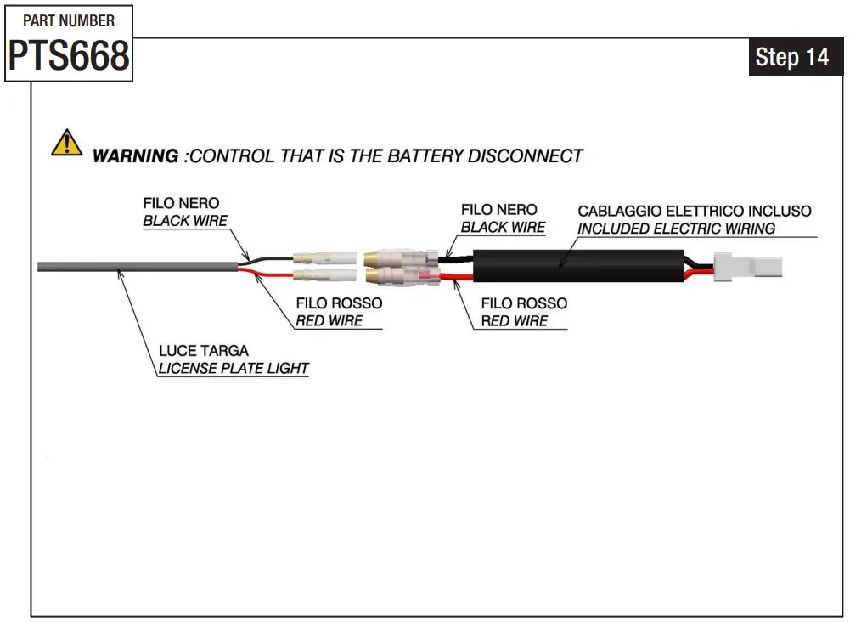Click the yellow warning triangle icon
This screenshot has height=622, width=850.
(x=67, y=143)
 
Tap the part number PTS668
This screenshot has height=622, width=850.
(x=69, y=55)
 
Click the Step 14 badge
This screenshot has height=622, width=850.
(x=792, y=57)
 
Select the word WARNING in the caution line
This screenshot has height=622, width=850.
(x=135, y=156)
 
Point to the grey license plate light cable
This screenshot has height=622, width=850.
(x=138, y=267)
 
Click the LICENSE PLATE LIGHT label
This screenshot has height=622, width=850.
(x=234, y=368)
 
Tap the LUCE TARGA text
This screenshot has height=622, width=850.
(x=204, y=351)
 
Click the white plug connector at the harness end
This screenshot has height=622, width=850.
(x=748, y=267)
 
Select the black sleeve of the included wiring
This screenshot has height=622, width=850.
(x=578, y=266)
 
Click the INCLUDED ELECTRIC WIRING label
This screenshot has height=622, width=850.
(x=677, y=229)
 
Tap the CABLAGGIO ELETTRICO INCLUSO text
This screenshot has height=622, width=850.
(x=695, y=211)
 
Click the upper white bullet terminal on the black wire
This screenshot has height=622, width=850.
(x=324, y=258)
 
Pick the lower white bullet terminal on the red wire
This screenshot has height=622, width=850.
(x=324, y=275)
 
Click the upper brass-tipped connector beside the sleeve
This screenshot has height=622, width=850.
(x=401, y=258)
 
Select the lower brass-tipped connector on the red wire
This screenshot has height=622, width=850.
(x=401, y=276)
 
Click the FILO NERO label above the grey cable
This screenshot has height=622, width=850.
(x=181, y=203)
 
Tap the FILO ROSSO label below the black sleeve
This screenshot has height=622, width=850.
(x=524, y=303)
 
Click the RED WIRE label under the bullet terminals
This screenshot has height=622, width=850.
(x=329, y=321)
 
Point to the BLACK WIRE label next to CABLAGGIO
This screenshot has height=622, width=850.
(x=503, y=227)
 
